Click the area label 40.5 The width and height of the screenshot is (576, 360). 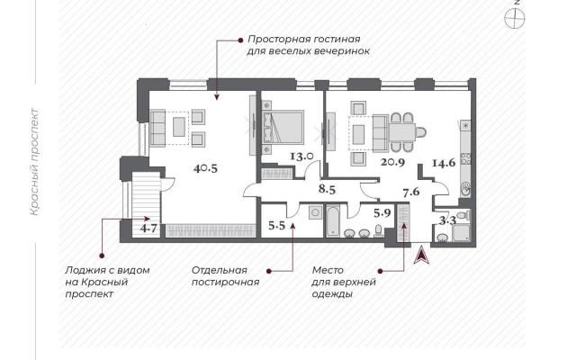(206, 168)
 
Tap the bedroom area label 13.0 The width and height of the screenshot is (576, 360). (301, 157)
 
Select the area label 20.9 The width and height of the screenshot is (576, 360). (392, 162)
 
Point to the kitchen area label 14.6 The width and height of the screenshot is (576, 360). (444, 163)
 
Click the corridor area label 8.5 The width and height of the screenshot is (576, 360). (328, 190)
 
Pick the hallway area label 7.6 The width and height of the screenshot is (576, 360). (411, 192)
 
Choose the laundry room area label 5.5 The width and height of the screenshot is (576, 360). (276, 226)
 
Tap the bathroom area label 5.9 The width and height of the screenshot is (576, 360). (382, 212)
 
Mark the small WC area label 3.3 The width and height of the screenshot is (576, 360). (448, 220)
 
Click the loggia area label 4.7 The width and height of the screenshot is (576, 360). (148, 229)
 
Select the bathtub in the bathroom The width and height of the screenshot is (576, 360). (333, 220)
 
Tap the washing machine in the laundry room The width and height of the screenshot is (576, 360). (315, 212)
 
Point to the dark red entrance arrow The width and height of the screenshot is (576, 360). (421, 255)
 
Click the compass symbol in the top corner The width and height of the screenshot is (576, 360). (514, 18)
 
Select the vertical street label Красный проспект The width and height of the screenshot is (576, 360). (34, 162)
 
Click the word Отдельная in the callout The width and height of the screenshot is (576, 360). (220, 270)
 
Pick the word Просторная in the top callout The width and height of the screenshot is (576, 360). (277, 39)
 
